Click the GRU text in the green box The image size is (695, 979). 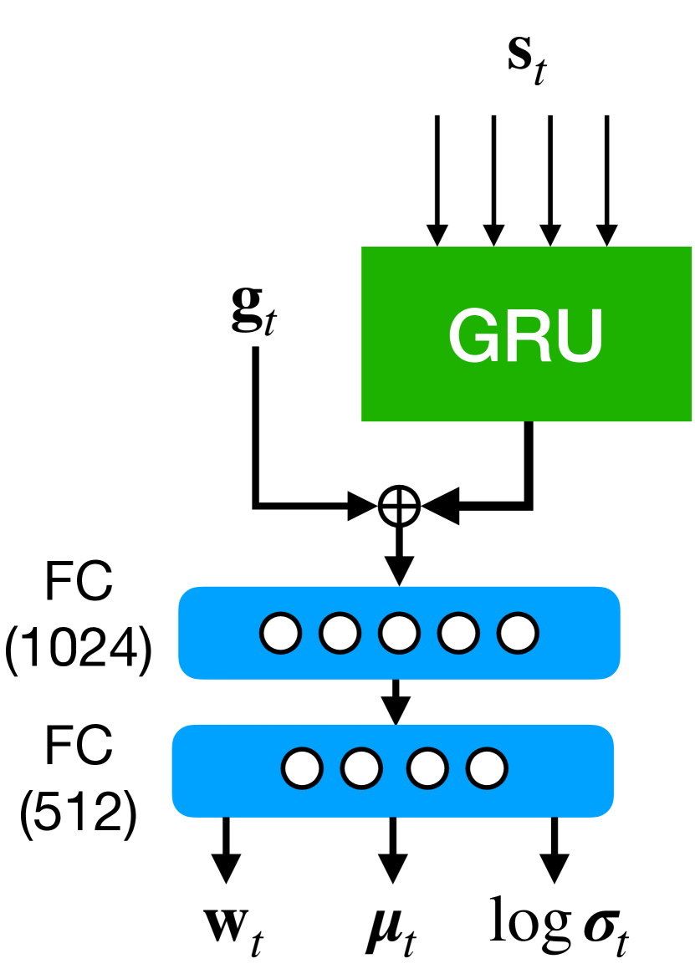tap(525, 334)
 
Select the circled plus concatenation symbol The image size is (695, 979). tap(398, 506)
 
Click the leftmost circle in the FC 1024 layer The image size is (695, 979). tap(280, 633)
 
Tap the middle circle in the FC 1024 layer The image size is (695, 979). tap(398, 633)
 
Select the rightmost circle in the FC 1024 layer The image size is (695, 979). tap(519, 633)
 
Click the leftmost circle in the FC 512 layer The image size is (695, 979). tap(302, 768)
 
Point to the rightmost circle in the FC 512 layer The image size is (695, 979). tap(486, 768)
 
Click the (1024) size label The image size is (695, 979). tap(78, 652)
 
